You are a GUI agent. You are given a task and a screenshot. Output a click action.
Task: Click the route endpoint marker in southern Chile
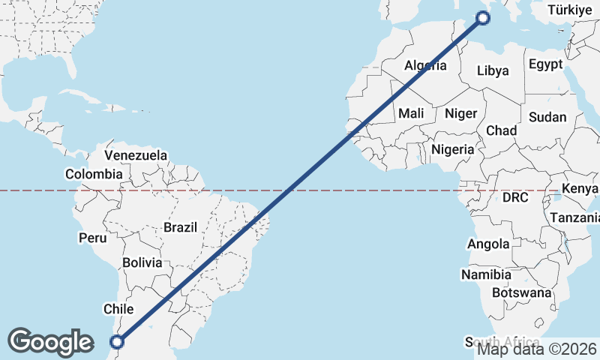pos(117,342)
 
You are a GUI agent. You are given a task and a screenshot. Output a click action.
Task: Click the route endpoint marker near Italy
pos(484,18)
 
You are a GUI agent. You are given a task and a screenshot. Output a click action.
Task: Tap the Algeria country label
pos(425,66)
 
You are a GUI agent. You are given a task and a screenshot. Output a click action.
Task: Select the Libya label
pos(493,70)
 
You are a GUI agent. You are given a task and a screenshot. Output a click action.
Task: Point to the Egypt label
pos(545,64)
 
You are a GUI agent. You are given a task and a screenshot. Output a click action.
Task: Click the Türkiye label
pos(570,10)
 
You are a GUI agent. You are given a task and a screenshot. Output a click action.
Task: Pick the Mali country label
pos(411,113)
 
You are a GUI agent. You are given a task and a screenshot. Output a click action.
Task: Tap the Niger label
pos(460,113)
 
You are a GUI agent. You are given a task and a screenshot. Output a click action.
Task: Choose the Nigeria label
pos(453,149)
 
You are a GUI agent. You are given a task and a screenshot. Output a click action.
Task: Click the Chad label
pos(501,130)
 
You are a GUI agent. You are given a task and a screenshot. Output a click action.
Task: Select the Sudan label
pos(547,117)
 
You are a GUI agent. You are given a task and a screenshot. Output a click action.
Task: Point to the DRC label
pos(515,198)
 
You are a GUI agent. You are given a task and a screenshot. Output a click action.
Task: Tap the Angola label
pos(488,244)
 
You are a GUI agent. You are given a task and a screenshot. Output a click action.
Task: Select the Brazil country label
pos(180,226)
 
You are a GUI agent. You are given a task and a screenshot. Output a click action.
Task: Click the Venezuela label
pos(136,156)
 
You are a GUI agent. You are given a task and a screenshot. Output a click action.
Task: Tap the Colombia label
pos(94,174)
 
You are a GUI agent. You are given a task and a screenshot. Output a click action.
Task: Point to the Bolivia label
pos(142,262)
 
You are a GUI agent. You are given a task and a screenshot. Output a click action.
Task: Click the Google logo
pos(50,342)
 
